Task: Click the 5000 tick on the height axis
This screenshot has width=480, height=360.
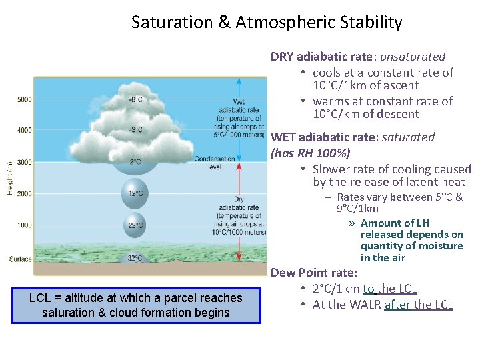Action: point(23,100)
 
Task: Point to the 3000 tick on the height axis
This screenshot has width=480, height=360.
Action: point(23,162)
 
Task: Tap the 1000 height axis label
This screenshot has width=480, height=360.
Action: point(23,225)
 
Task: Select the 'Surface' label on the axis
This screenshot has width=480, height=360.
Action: point(20,259)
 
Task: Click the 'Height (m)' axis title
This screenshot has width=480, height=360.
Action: point(9,178)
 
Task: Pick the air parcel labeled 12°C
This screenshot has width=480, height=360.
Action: point(135,193)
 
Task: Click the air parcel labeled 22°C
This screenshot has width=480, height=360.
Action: point(135,226)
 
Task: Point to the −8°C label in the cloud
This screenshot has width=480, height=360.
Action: point(135,99)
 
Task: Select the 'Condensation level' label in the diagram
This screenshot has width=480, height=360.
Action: point(215,163)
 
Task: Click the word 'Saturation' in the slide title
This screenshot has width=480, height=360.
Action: point(172,23)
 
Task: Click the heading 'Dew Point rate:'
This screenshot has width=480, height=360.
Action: point(314,273)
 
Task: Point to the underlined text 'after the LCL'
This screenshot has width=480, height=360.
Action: point(419,305)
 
